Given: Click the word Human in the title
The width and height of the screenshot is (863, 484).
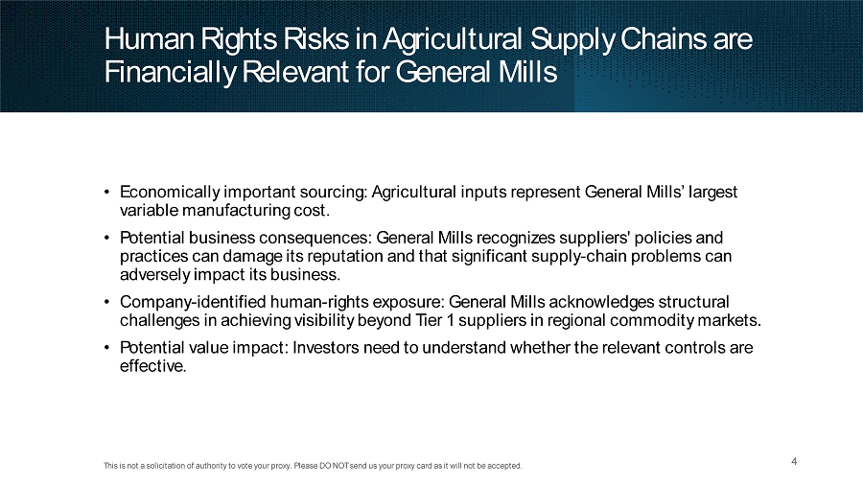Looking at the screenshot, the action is (x=149, y=39).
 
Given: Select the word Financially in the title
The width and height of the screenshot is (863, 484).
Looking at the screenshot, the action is (x=170, y=73).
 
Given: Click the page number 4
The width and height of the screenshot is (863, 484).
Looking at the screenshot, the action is (x=794, y=461).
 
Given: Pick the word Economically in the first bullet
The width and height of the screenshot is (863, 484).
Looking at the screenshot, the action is (x=170, y=193).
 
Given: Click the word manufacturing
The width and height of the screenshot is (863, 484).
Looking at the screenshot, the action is (x=236, y=211).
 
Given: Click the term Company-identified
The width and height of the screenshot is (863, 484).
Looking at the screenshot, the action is (x=193, y=303).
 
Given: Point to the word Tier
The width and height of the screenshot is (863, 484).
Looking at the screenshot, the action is (x=429, y=320).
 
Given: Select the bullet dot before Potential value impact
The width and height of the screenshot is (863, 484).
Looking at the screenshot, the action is (x=106, y=348).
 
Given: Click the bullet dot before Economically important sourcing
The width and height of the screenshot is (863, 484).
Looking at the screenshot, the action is (x=106, y=192).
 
